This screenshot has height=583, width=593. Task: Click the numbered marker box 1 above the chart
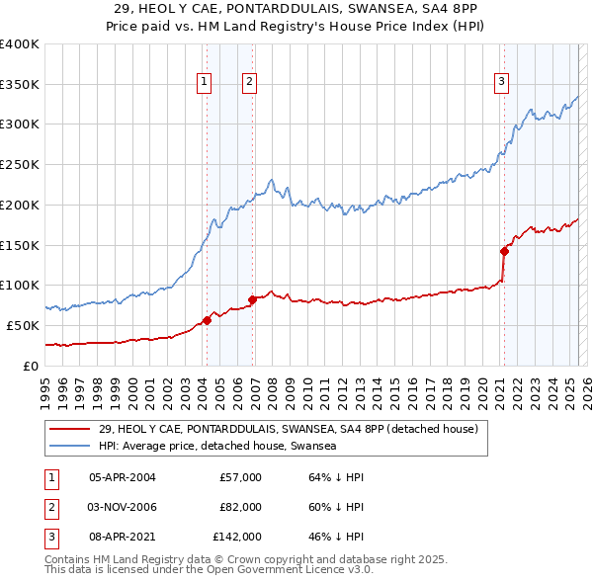[204, 82]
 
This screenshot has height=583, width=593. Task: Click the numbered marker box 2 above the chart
[249, 82]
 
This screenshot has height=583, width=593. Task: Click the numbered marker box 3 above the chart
[501, 82]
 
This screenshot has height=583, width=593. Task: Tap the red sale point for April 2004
[208, 319]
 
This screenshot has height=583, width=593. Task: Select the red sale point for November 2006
[252, 298]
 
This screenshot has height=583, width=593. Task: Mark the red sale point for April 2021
[504, 251]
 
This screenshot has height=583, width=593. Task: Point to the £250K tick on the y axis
[20, 165]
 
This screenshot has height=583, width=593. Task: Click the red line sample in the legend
[70, 429]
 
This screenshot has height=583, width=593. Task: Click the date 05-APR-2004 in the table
[123, 477]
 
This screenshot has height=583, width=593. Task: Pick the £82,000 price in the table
[240, 507]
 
